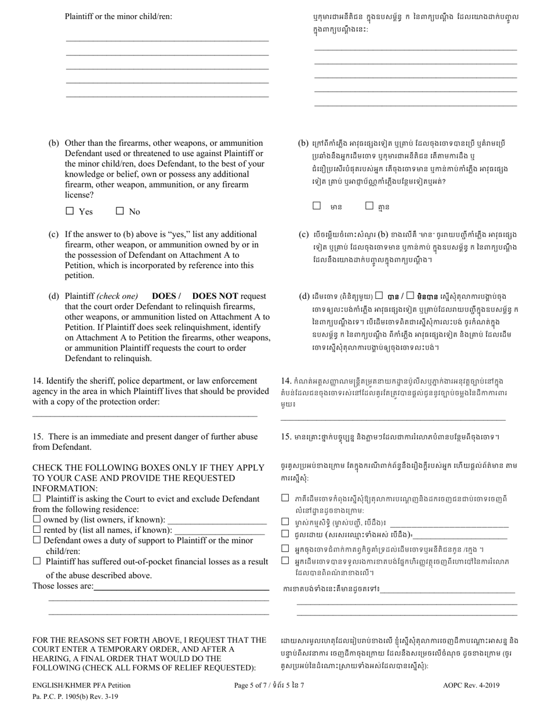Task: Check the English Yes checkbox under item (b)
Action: click(70, 211)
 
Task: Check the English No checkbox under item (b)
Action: click(120, 211)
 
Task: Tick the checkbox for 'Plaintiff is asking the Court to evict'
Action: click(37, 498)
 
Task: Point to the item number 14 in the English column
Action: click(38, 381)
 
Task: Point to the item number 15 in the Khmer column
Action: click(285, 437)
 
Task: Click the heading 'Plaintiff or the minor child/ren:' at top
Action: click(118, 16)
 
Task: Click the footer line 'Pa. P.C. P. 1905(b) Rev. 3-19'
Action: click(75, 695)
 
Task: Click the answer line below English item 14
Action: click(145, 415)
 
